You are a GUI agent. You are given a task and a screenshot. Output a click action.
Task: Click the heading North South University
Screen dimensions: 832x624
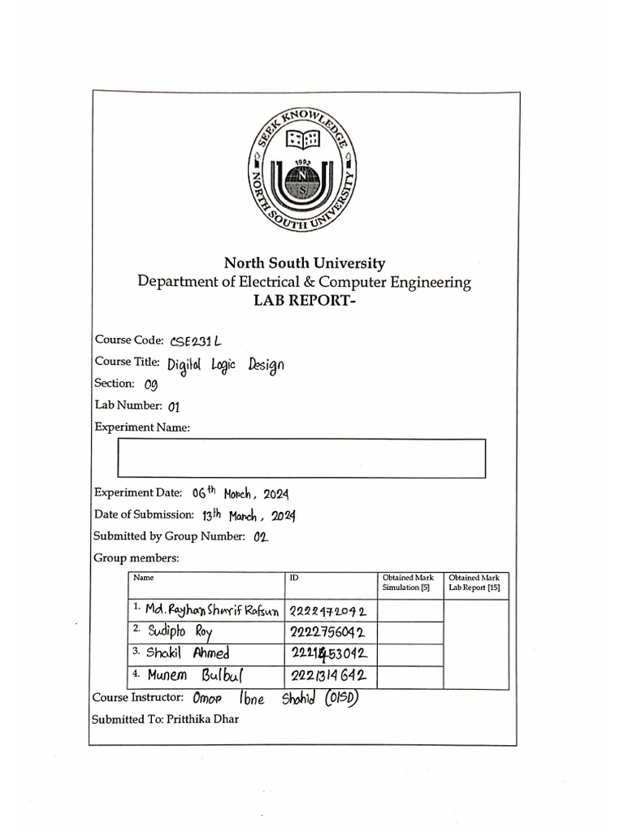pos(305,263)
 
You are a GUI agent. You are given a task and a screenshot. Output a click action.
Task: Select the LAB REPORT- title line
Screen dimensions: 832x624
pos(305,302)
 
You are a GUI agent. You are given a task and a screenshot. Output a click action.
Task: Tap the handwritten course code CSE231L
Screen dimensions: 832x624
pos(196,341)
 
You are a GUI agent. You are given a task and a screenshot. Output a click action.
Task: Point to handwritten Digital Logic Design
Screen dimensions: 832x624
pos(226,364)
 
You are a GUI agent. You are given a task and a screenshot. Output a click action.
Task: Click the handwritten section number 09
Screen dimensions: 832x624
pos(150,384)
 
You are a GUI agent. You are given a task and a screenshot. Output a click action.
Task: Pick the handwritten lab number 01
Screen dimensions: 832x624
pos(173,406)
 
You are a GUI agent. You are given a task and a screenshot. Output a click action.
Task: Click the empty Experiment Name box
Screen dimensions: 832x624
pos(301,457)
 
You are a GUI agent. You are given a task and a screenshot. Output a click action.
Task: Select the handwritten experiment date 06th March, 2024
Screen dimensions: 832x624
pos(240,493)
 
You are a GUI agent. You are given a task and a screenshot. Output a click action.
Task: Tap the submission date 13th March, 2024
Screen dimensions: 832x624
pos(249,515)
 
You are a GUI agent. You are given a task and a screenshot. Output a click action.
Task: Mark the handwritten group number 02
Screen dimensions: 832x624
pos(261,536)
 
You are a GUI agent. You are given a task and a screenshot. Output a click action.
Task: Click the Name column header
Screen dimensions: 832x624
pos(144,578)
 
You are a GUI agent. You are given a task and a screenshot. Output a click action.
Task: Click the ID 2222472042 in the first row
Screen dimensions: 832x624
pos(327,610)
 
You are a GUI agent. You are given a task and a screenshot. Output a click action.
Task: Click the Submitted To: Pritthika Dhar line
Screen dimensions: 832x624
pos(165,720)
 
